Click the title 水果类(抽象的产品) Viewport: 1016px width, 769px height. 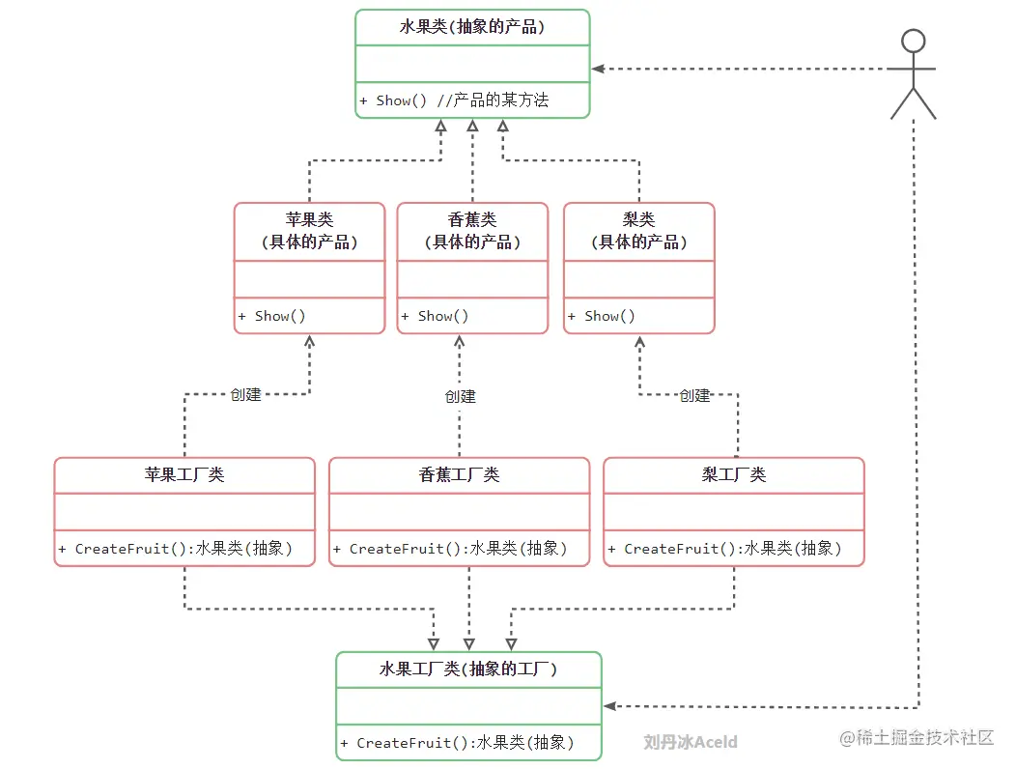pyautogui.click(x=472, y=27)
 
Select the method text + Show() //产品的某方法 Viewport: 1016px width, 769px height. pyautogui.click(x=454, y=100)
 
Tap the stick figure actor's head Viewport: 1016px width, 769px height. pyautogui.click(x=913, y=42)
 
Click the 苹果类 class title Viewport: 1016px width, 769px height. pyautogui.click(x=309, y=220)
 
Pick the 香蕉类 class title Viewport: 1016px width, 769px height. pyautogui.click(x=472, y=220)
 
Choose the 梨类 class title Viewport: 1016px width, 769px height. pyautogui.click(x=638, y=220)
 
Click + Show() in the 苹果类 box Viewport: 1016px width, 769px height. pyautogui.click(x=272, y=316)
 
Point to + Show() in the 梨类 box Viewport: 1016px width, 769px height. pyautogui.click(x=602, y=316)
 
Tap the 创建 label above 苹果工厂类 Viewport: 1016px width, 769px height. pyautogui.click(x=245, y=394)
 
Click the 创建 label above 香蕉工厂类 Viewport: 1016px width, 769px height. pyautogui.click(x=460, y=396)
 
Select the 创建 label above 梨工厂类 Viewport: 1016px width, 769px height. pyautogui.click(x=694, y=395)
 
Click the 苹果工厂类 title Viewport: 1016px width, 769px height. pyautogui.click(x=184, y=474)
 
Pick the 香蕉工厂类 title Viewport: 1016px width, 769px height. pyautogui.click(x=459, y=474)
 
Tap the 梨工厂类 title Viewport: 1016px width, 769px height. pyautogui.click(x=734, y=474)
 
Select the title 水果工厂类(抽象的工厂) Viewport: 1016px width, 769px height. pyautogui.click(x=468, y=669)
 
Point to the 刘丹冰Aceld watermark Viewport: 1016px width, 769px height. pyautogui.click(x=691, y=742)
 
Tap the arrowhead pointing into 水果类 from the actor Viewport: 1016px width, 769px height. pyautogui.click(x=598, y=69)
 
